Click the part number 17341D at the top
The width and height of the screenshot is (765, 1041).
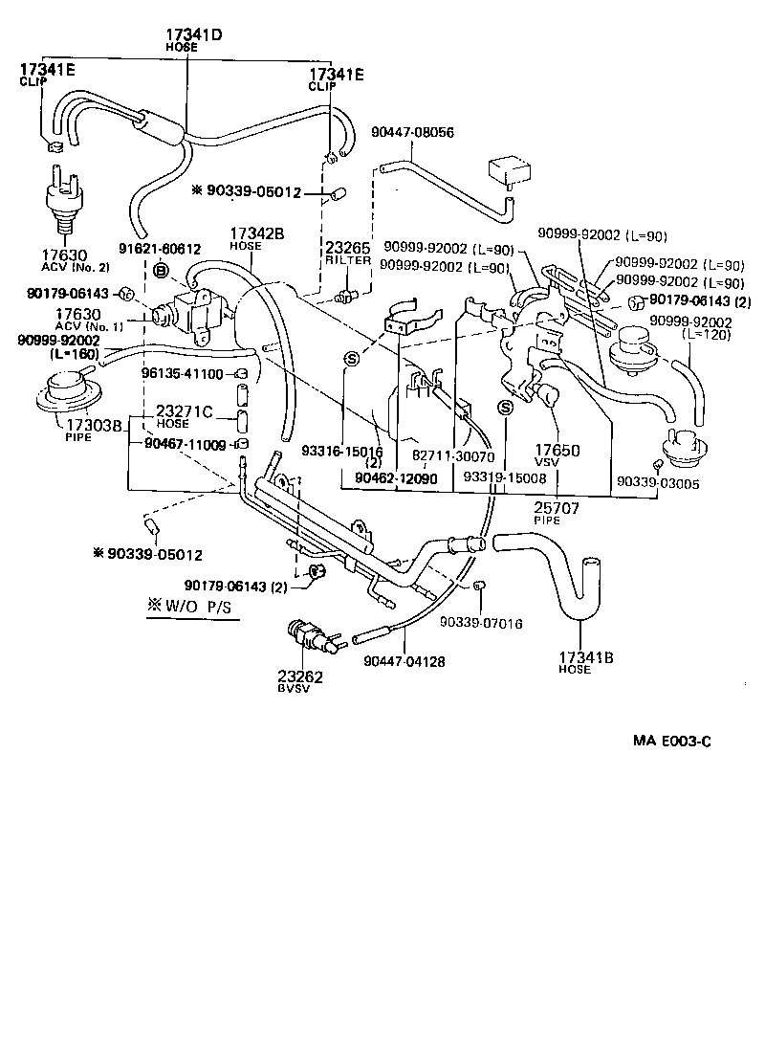click(194, 34)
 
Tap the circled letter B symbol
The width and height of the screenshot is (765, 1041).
click(161, 272)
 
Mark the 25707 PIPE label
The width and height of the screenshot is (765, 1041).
click(557, 509)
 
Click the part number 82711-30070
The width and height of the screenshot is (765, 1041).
click(453, 458)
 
